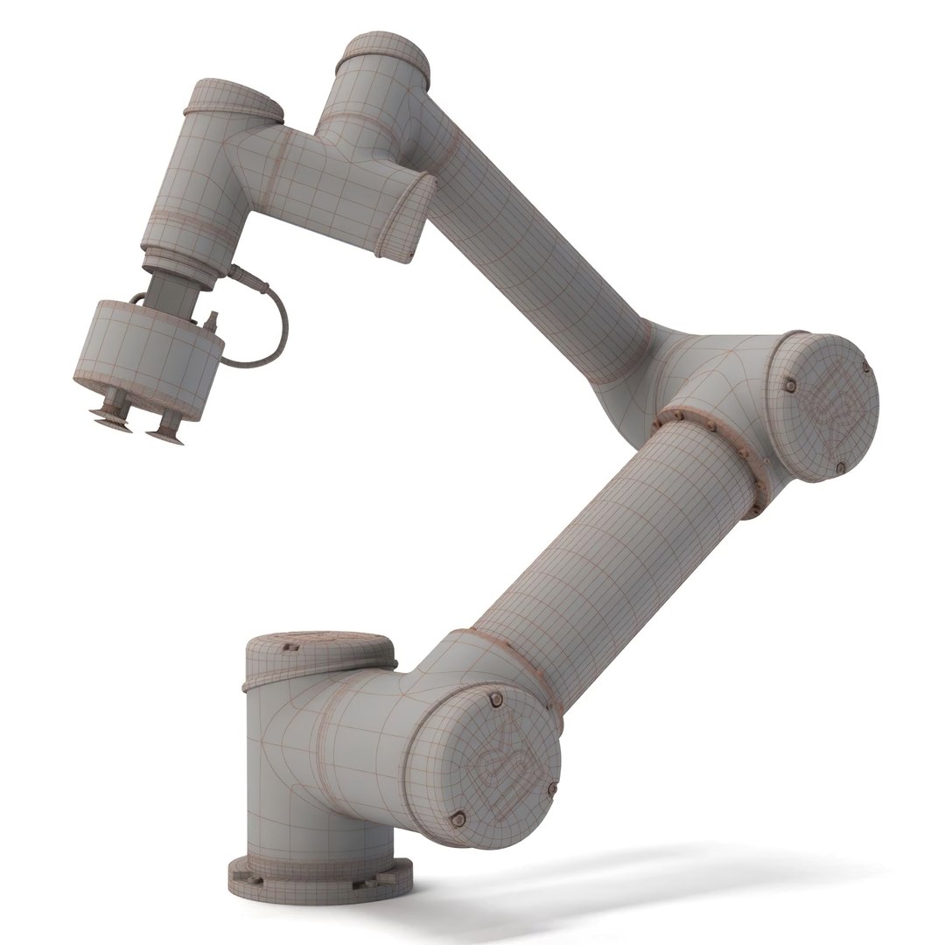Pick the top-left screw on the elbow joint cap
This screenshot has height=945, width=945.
(789, 385)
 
